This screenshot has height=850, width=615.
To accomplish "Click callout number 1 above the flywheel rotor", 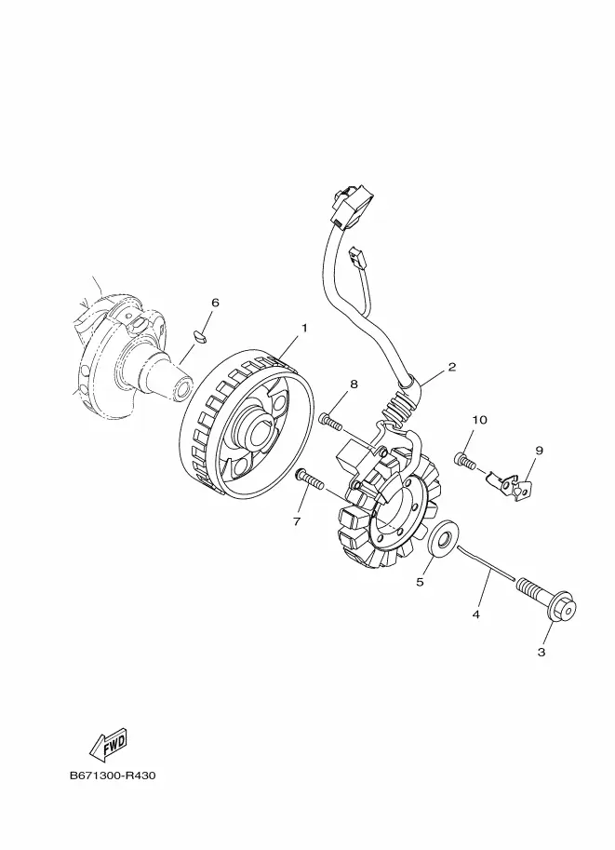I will click(303, 329).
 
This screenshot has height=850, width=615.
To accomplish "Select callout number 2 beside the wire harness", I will click(452, 367).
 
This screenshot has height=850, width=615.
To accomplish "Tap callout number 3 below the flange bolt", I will click(541, 652).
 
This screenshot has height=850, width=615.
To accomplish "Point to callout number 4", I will click(475, 614).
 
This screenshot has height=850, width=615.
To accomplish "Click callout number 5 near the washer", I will click(420, 582).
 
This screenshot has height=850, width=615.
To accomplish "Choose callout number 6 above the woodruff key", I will click(215, 303).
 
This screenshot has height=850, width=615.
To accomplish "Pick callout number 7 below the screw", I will click(297, 521).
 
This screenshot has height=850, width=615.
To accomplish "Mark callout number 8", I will click(354, 385).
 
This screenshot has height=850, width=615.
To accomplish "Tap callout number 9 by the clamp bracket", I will click(539, 451).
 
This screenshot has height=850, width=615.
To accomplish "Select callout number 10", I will click(478, 420).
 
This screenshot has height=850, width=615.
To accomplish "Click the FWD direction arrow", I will click(108, 744).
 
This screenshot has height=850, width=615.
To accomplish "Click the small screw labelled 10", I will click(464, 459).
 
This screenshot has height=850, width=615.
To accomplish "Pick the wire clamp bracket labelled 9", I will click(512, 485).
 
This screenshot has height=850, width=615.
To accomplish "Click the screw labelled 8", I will click(331, 421).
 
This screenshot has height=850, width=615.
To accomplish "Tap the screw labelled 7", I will click(309, 480).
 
